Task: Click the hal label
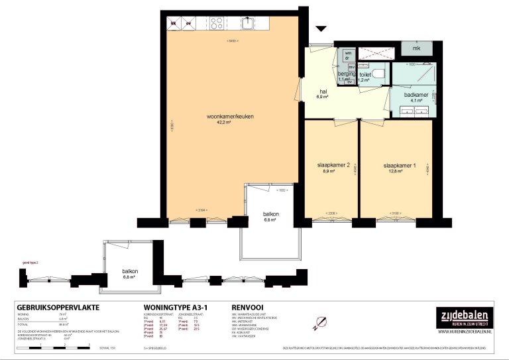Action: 323,92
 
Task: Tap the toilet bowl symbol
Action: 378,73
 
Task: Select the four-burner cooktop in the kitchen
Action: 217,24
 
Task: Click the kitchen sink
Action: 247,24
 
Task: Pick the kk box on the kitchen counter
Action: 174,24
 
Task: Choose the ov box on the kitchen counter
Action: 189,24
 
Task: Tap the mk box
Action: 417,48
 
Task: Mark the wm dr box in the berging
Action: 348,56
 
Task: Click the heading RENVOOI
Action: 249,308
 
